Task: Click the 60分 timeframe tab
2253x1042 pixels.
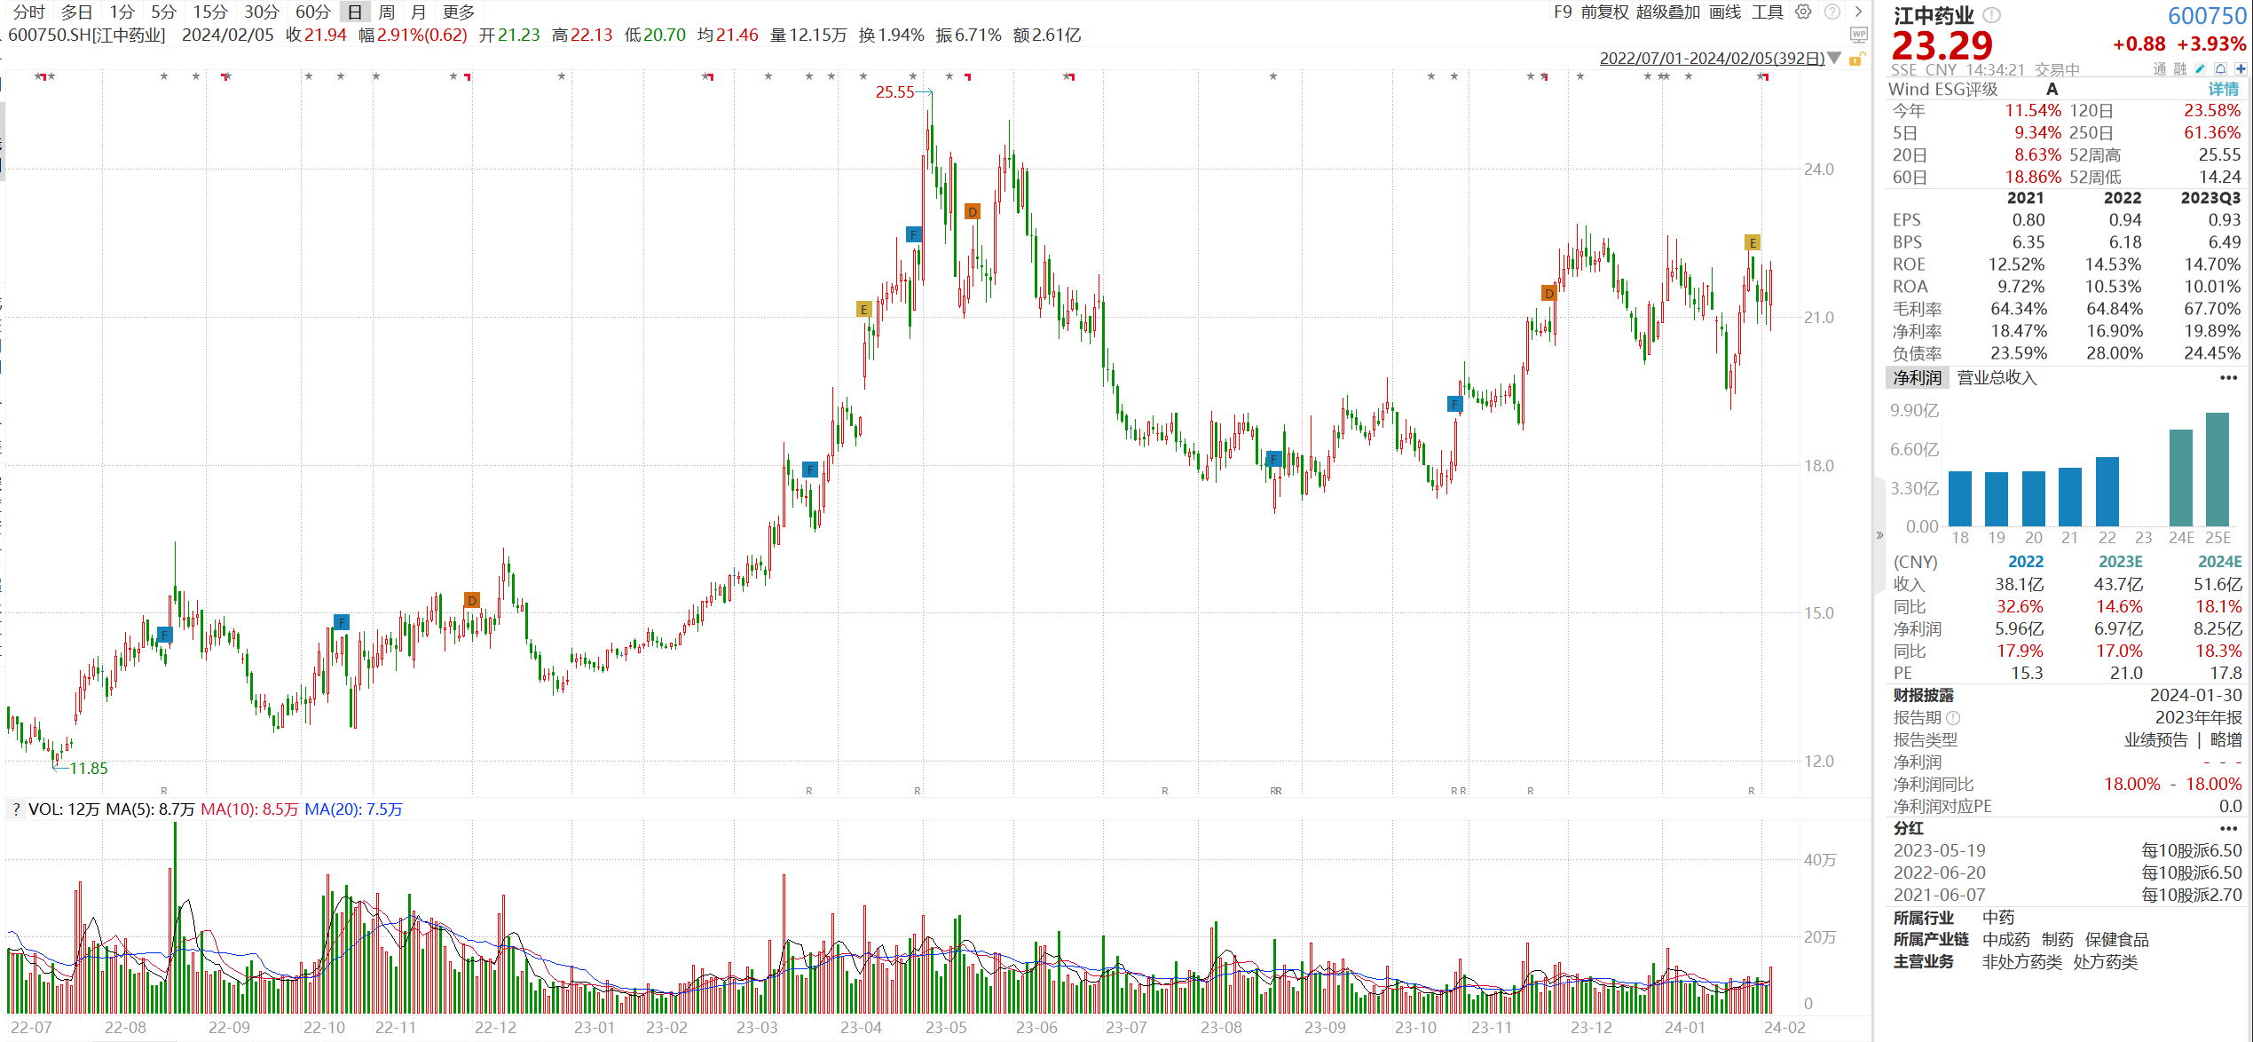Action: [x=312, y=12]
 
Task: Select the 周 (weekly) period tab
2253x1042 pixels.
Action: [x=386, y=12]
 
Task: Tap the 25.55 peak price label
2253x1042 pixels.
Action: [x=894, y=92]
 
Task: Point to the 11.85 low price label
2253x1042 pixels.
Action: [x=89, y=769]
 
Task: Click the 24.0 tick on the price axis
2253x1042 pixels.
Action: [x=1818, y=170]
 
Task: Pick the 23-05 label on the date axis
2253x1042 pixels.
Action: [x=946, y=1028]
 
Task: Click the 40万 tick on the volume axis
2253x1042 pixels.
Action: [x=1819, y=860]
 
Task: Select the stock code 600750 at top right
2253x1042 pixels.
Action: [x=2206, y=16]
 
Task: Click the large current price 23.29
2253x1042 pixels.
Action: [x=1942, y=45]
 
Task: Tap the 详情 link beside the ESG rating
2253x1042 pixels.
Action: [x=2223, y=89]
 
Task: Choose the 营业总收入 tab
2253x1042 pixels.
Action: [x=1997, y=378]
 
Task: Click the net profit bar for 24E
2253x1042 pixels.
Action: [x=2180, y=478]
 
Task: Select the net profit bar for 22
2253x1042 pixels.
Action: [x=2107, y=491]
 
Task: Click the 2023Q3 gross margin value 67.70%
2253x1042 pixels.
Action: [x=2211, y=309]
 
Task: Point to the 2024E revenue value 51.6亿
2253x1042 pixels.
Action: [x=2218, y=584]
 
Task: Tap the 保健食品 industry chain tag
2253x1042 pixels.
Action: [x=2116, y=940]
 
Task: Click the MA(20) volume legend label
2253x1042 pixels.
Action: [x=353, y=809]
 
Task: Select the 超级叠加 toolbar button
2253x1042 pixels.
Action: [x=1667, y=12]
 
